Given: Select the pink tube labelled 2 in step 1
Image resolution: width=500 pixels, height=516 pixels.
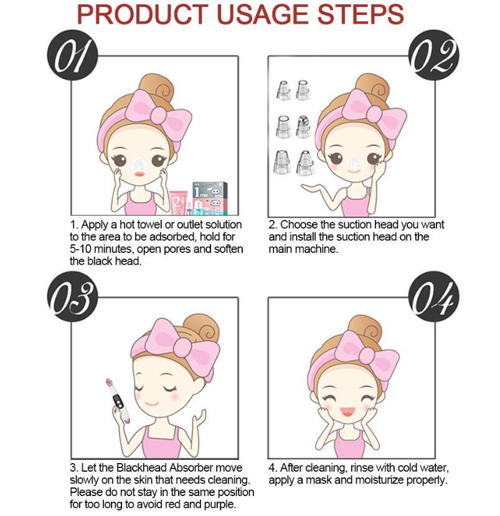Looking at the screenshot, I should click(x=178, y=203).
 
